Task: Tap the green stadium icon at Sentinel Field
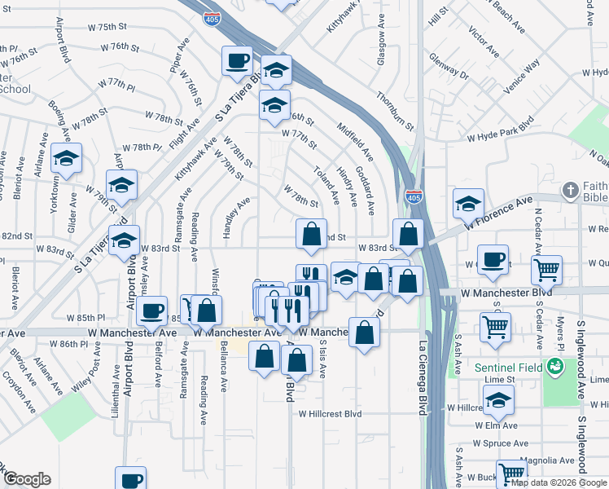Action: pyautogui.click(x=556, y=368)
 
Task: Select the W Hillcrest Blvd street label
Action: pyautogui.click(x=329, y=413)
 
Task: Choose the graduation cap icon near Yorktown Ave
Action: pyautogui.click(x=66, y=158)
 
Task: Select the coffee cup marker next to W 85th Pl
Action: pyautogui.click(x=152, y=310)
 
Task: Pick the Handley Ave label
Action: pyautogui.click(x=230, y=214)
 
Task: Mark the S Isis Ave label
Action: pyautogui.click(x=322, y=357)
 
